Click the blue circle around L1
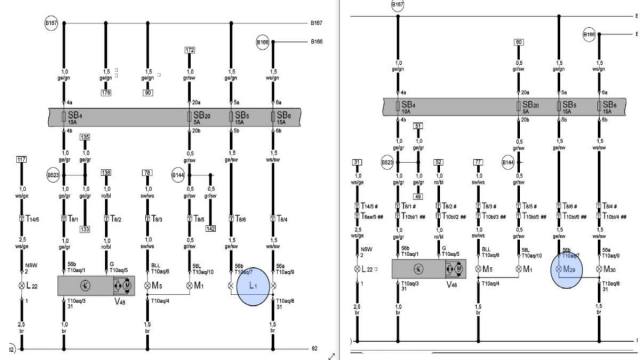(253, 285)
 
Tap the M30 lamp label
(610, 269)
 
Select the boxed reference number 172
(190, 50)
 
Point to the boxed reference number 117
(21, 160)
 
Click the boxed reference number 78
(147, 173)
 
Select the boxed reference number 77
(478, 161)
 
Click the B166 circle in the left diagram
(263, 43)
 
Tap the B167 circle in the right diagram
(398, 5)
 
